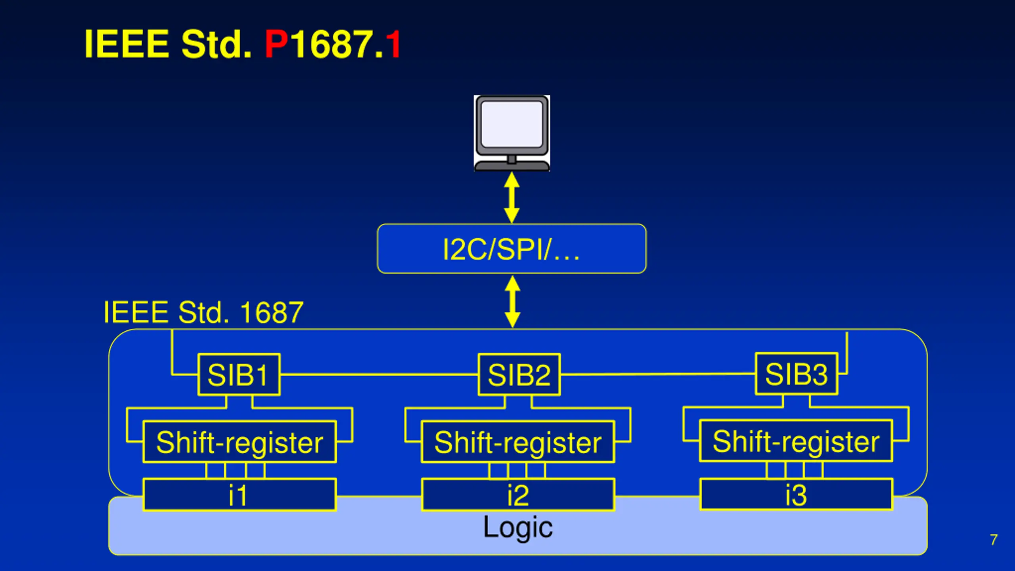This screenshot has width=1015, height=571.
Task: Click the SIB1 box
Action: tap(239, 374)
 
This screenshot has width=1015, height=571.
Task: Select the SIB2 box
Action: tap(519, 374)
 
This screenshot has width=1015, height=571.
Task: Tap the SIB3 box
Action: tap(797, 374)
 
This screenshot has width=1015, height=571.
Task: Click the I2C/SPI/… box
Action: tap(511, 249)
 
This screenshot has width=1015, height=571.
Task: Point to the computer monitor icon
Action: tap(512, 133)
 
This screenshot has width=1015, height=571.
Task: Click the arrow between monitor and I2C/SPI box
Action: tap(512, 197)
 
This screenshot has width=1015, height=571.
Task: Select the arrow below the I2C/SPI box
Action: tap(512, 301)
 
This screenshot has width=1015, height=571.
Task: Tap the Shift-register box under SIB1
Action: tap(240, 442)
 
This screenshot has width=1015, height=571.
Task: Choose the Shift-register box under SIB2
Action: tap(518, 442)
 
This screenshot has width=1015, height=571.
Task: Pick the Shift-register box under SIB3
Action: tap(796, 441)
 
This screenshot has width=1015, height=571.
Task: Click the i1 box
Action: tap(239, 495)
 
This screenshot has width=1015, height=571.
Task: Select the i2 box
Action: tap(518, 495)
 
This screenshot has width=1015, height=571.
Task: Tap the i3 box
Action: tap(797, 494)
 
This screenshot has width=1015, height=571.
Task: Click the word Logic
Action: tap(518, 527)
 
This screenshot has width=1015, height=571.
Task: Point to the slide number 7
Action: tap(994, 540)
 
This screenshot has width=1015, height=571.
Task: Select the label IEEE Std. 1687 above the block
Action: tap(203, 312)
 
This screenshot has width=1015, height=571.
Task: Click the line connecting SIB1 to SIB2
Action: tap(379, 374)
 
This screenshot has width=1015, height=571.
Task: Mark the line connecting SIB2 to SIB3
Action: tap(658, 374)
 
